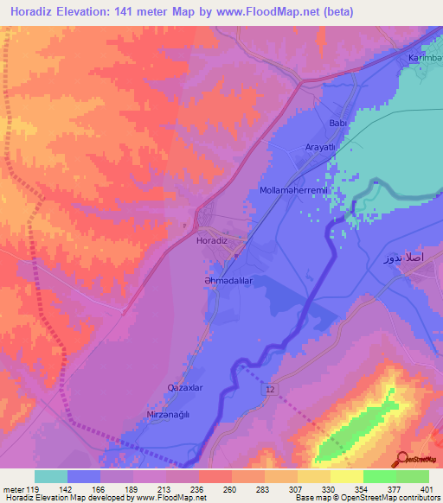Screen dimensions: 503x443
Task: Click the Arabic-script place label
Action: coord(404,259)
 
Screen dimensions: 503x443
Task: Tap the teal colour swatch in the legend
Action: coord(51,476)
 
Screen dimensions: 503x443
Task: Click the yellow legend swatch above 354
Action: coord(346,476)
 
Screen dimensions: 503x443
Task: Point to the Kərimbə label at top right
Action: coord(425,58)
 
